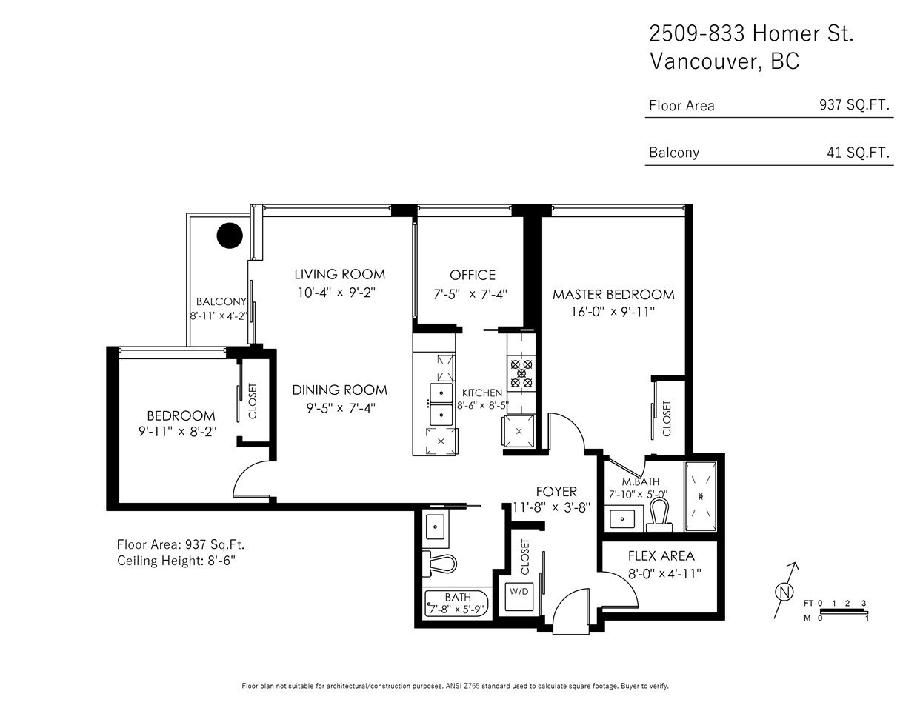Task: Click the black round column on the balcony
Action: point(230,236)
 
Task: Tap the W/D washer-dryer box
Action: point(519,596)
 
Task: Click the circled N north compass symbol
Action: point(784,591)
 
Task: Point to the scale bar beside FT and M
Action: point(844,611)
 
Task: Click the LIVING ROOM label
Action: point(339,274)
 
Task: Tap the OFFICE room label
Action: point(473,275)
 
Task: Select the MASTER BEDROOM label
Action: point(613,295)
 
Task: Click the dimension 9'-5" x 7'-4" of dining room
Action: point(341,408)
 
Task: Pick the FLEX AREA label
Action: point(661,555)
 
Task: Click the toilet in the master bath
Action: point(659,515)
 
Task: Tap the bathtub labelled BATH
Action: point(457,603)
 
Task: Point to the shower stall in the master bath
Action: point(701,496)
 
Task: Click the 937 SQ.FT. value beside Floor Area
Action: point(854,105)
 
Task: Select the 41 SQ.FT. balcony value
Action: point(859,153)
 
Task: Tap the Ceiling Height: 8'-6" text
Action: point(176,561)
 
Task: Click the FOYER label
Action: point(556,492)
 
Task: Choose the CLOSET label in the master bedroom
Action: point(667,419)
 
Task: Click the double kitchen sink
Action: point(441,404)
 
